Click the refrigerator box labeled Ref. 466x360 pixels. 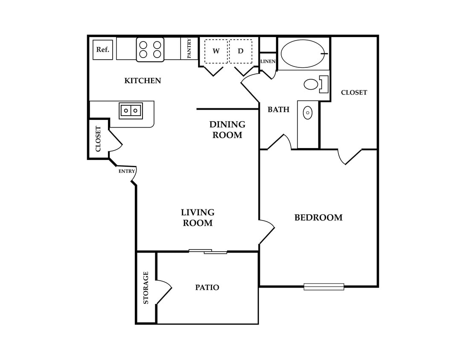click(102, 49)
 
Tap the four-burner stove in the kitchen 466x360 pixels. click(150, 49)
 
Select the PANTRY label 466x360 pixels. click(189, 49)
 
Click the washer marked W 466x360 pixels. click(216, 51)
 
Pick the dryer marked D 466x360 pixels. click(241, 51)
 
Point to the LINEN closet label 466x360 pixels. click(268, 61)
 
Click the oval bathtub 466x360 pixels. click(303, 54)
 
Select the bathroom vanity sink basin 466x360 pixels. click(308, 113)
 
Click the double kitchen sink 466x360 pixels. click(131, 111)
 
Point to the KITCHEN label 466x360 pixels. click(143, 81)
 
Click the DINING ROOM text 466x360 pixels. click(227, 130)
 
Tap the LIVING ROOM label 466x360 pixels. click(198, 218)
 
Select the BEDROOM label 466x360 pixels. click(318, 218)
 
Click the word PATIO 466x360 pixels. click(207, 287)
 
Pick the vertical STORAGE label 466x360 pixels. click(146, 287)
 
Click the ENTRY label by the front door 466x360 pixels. click(127, 171)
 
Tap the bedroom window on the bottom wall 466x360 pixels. click(324, 287)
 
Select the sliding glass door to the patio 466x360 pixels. click(208, 252)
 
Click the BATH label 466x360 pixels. click(279, 110)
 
